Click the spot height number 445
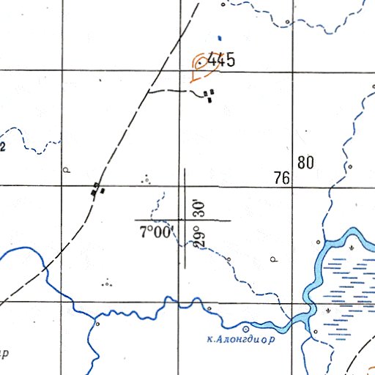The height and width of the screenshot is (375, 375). point(221,62)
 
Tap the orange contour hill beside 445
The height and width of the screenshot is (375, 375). point(198,66)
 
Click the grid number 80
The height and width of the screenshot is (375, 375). point(305,163)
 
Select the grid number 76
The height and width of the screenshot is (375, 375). point(283,177)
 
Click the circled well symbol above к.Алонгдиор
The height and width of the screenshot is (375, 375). point(245,329)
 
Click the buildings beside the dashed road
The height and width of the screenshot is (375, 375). point(97,190)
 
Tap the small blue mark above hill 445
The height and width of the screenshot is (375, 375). point(218,38)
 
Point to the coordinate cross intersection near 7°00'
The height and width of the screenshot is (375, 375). point(184,220)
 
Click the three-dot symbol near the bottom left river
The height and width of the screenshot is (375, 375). point(108,283)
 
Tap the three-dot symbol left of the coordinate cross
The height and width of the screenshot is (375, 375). point(146,177)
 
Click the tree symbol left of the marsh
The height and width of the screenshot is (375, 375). point(275,259)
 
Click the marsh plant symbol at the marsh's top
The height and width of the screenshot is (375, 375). point(352,248)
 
